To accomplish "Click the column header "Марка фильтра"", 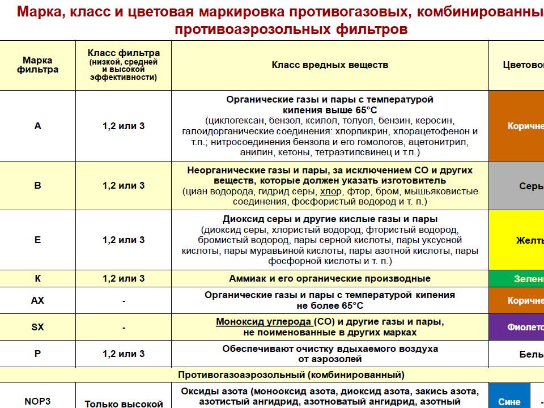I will [38, 65].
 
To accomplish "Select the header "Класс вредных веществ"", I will [330, 65].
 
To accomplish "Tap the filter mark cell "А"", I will [38, 126].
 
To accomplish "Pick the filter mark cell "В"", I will [38, 185].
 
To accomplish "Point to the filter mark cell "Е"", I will [38, 240].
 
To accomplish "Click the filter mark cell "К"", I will [38, 278].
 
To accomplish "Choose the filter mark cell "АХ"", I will [38, 300].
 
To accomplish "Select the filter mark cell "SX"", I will [38, 327].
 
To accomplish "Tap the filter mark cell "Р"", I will [38, 354].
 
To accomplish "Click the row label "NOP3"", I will [38, 401].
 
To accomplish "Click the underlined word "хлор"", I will [331, 191].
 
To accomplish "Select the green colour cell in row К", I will [516, 278].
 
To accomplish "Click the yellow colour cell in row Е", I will [516, 240].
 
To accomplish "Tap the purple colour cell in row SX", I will [516, 327].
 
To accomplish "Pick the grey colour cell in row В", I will [516, 186].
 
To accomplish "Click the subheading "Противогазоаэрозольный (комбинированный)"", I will [291, 375].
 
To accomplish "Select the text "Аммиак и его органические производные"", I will [330, 278].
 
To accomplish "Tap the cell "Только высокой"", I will [124, 403].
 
